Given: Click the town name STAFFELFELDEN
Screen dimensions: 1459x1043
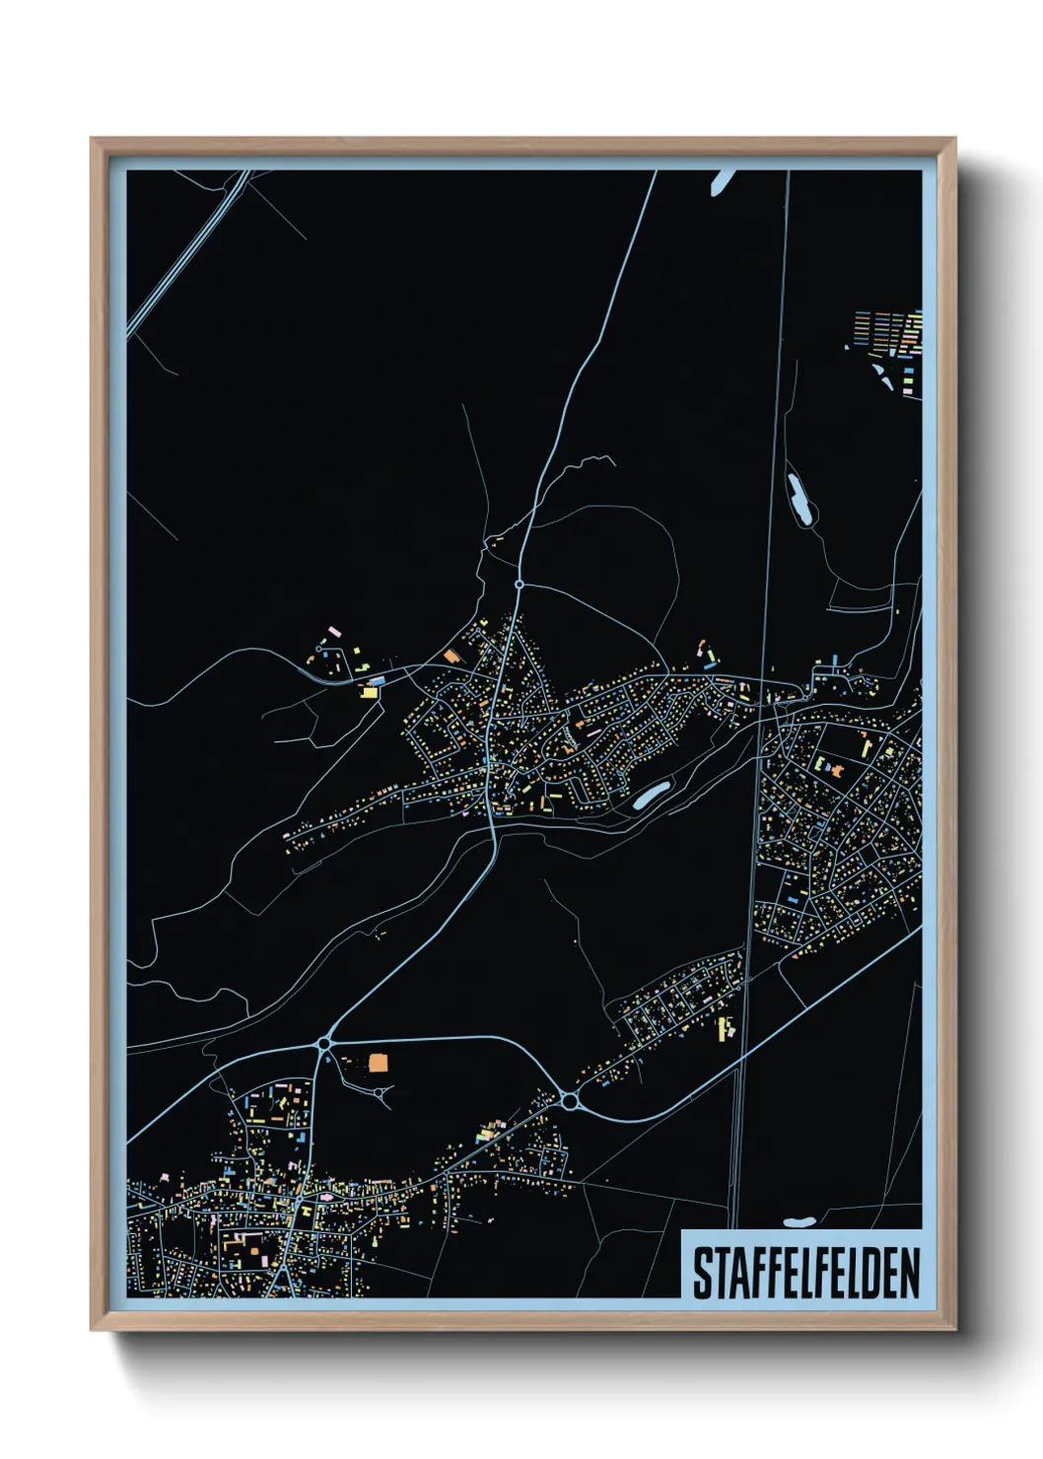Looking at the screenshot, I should [805, 1273].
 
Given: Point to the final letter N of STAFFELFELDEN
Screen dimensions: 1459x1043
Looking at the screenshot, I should [909, 1273].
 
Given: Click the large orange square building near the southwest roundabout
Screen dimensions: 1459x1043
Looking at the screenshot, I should [379, 1063].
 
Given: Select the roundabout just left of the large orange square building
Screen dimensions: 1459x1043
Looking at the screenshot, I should [323, 1042].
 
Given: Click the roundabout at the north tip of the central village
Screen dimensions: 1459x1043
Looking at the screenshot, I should [520, 585].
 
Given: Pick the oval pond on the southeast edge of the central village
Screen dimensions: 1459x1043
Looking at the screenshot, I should [651, 795].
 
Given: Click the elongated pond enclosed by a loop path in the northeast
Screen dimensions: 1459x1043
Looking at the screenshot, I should [799, 499].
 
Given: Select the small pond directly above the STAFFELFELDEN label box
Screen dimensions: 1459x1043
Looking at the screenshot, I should [800, 1222].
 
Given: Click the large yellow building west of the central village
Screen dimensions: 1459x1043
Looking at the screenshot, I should [370, 692].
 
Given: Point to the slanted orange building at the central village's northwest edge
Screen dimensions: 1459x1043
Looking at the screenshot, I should [452, 656].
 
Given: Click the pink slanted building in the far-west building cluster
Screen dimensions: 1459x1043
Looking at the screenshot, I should [334, 629].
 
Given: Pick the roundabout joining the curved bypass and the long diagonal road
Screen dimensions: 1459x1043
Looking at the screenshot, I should [569, 1099].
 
